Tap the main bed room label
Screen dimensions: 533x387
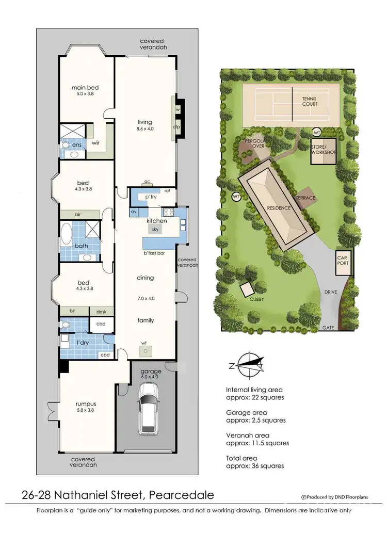point(85,88)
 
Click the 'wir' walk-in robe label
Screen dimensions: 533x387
point(95,143)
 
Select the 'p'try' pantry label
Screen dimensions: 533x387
point(150,197)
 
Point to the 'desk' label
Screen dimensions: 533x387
point(101,311)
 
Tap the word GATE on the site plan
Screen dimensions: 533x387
point(328,328)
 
